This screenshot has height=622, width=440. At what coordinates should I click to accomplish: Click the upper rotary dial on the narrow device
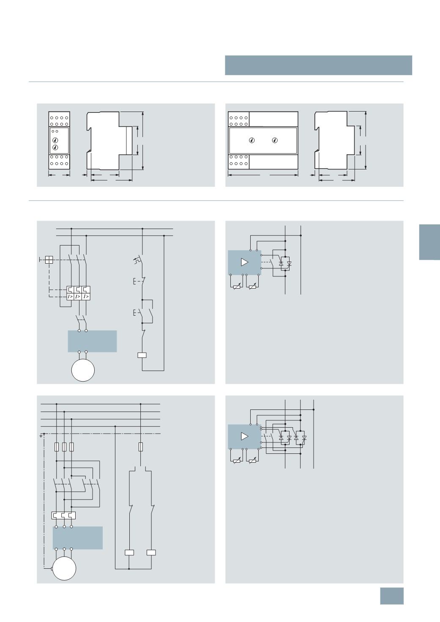(55, 140)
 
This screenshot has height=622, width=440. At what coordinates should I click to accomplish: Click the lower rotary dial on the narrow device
(55, 147)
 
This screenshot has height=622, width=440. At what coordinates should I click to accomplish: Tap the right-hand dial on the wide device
(275, 140)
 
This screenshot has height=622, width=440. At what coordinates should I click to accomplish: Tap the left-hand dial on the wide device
(252, 140)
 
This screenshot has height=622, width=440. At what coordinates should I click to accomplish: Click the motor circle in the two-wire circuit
(83, 370)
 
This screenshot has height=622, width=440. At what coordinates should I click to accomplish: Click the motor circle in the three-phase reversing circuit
(64, 568)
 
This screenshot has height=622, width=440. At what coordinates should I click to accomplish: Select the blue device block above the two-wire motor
(92, 341)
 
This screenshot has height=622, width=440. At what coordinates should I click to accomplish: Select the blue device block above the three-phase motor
(78, 537)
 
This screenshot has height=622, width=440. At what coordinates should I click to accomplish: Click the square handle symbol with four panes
(49, 260)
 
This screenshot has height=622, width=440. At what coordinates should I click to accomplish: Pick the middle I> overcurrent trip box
(79, 297)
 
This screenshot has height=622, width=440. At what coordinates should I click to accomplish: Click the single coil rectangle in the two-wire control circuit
(142, 355)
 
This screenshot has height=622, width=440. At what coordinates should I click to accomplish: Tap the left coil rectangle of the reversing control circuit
(129, 553)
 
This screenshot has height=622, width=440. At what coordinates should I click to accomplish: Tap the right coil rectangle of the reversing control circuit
(151, 553)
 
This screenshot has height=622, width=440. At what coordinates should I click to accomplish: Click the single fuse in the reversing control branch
(141, 447)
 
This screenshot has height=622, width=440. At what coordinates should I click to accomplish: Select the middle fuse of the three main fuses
(64, 447)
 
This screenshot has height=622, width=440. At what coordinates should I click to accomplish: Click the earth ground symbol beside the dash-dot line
(41, 436)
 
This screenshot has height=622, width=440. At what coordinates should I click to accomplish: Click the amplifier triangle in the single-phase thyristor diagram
(244, 262)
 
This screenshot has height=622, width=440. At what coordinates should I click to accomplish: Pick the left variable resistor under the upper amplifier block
(237, 287)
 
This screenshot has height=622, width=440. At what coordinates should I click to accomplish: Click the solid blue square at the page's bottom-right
(392, 596)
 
